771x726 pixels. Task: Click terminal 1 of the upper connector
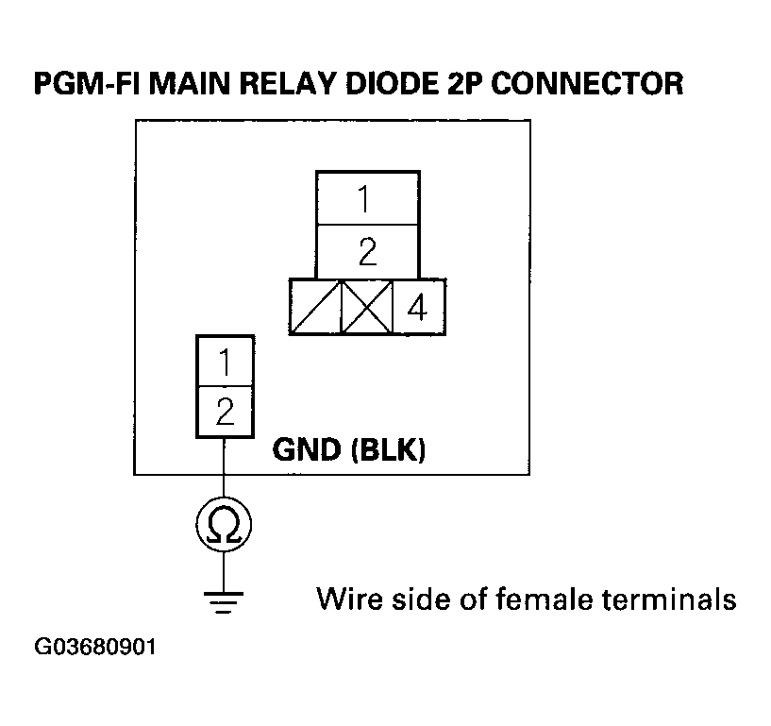pyautogui.click(x=367, y=199)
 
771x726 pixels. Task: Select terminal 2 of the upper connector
pyautogui.click(x=367, y=251)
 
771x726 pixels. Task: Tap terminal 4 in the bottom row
pyautogui.click(x=418, y=306)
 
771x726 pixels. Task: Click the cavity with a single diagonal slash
pyautogui.click(x=316, y=306)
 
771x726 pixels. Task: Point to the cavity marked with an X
pyautogui.click(x=366, y=306)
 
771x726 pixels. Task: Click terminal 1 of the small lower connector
pyautogui.click(x=225, y=362)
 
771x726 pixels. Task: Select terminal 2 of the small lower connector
pyautogui.click(x=225, y=412)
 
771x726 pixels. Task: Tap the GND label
pyautogui.click(x=306, y=450)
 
